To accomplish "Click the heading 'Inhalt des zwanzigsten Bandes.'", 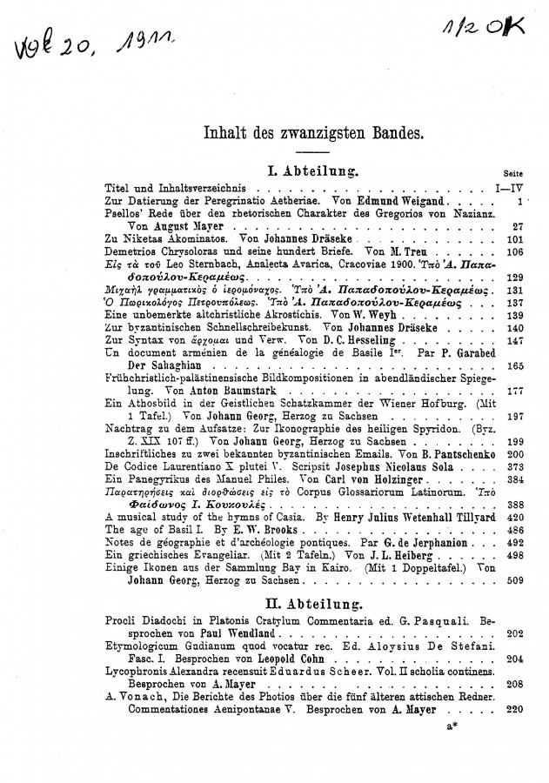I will pos(301,135).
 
